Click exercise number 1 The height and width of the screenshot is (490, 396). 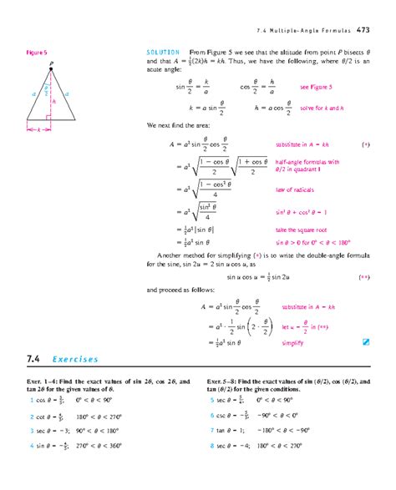[x=30, y=400]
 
